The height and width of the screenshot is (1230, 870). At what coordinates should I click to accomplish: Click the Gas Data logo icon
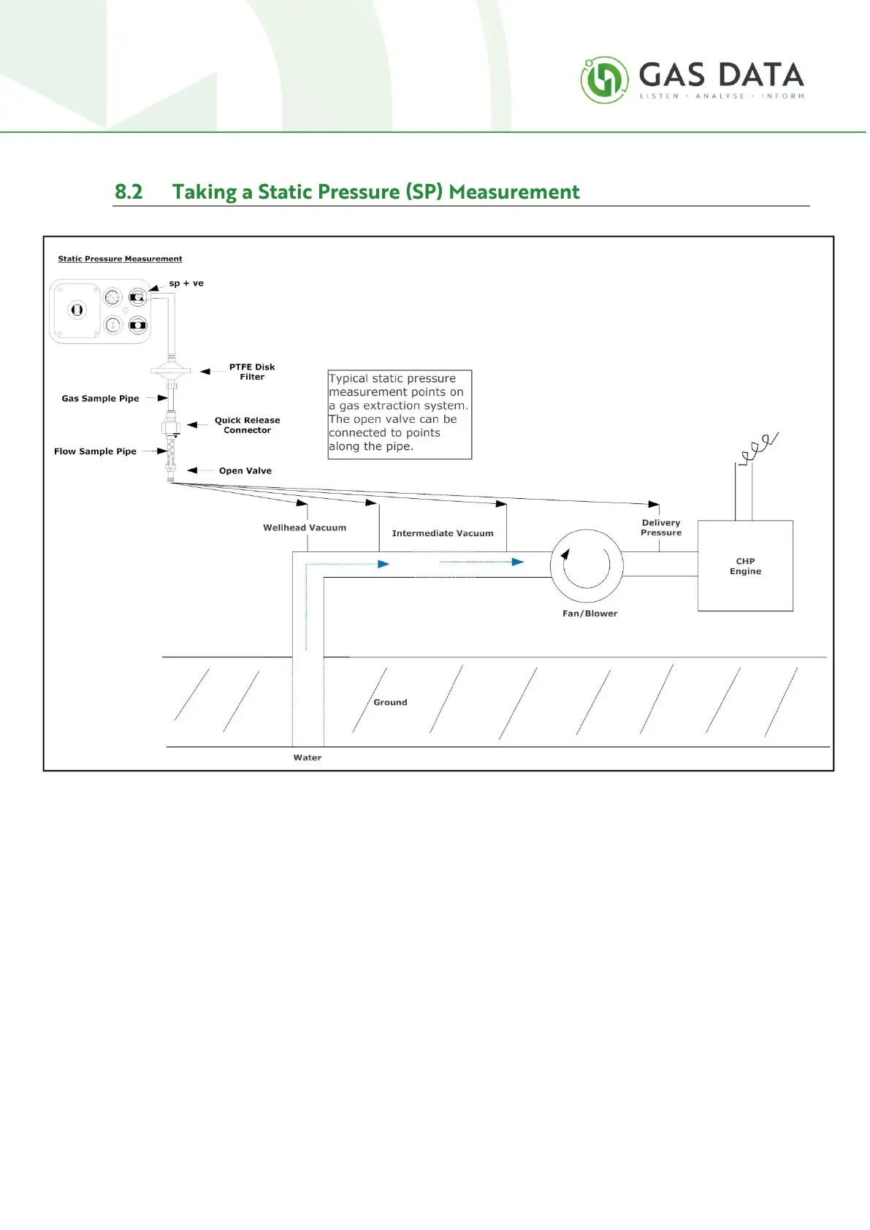tap(604, 80)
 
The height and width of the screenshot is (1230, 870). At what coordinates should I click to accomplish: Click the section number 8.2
tap(129, 192)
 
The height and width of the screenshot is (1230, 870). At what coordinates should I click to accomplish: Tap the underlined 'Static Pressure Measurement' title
tap(120, 259)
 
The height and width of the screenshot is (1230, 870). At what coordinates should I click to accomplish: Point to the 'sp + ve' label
tap(186, 283)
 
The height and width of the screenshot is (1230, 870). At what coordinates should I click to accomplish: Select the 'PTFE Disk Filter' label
tap(252, 372)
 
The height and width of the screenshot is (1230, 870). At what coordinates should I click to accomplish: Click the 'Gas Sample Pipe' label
tap(100, 399)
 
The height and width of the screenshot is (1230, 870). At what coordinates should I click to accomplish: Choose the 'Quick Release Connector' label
tap(247, 425)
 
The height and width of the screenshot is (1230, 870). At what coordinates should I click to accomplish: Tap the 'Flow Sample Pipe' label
tap(95, 451)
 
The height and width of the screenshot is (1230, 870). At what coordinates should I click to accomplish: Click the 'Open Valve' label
tap(245, 471)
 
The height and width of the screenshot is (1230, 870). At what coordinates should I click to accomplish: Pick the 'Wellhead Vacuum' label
tap(305, 527)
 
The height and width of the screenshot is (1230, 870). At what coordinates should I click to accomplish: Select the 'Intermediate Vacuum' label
tap(443, 533)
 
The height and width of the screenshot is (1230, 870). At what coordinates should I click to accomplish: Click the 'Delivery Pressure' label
tap(661, 527)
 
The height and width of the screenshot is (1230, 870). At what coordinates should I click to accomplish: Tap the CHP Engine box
tap(745, 566)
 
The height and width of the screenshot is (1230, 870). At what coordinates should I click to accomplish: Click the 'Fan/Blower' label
tap(589, 614)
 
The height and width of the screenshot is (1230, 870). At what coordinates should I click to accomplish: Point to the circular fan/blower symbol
tap(587, 565)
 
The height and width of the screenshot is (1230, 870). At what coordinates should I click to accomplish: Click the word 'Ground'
tap(390, 703)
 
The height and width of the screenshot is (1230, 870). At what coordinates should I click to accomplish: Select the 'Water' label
tap(308, 757)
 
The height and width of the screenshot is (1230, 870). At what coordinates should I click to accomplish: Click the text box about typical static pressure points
tap(400, 413)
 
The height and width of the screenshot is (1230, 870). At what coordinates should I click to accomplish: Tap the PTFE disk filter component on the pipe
tap(171, 371)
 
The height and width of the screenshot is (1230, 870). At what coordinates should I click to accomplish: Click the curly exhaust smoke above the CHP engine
tap(759, 448)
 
